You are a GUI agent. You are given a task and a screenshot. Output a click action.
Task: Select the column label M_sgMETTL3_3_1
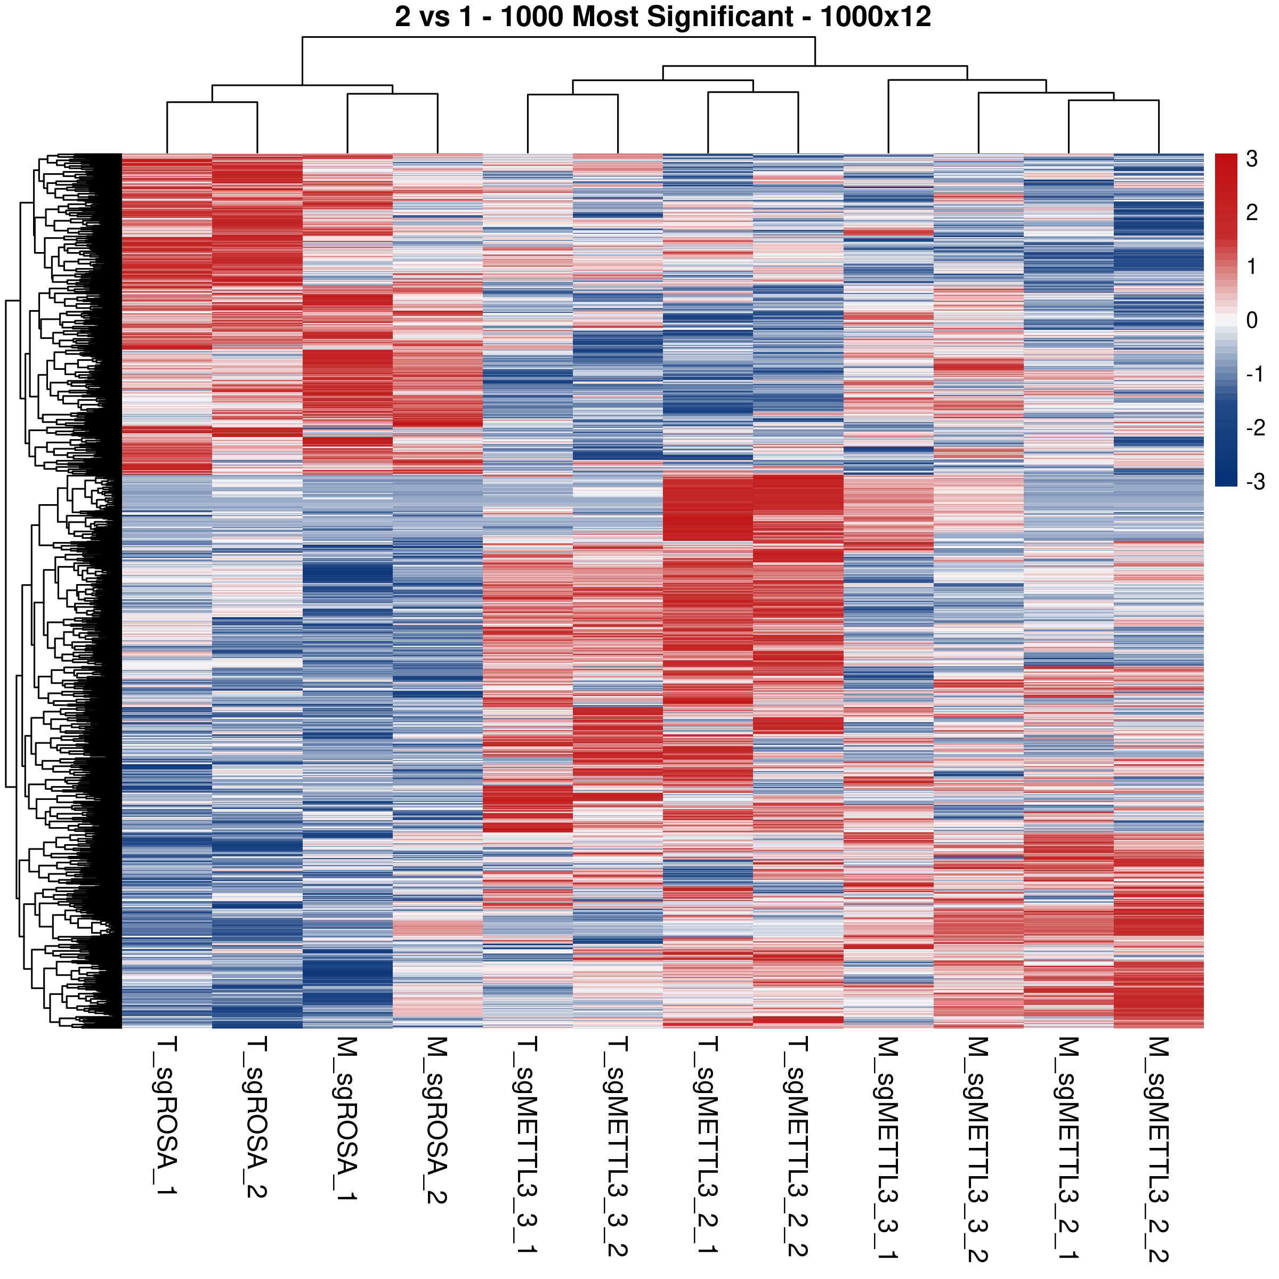point(888,1148)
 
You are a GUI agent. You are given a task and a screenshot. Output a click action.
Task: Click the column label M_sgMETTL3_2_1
point(1068,1148)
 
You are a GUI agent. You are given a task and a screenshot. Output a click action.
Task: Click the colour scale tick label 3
point(1251,159)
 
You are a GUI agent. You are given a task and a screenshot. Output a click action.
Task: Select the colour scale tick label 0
point(1251,320)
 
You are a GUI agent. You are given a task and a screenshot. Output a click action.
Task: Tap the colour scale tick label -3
point(1254,481)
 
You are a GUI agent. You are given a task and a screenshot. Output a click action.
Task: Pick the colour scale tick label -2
point(1254,427)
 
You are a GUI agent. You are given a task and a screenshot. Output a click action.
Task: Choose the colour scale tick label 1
point(1251,267)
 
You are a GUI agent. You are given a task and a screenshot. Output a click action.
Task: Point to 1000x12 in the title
point(875,17)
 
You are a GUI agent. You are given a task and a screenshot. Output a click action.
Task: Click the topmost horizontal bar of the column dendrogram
point(558,38)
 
